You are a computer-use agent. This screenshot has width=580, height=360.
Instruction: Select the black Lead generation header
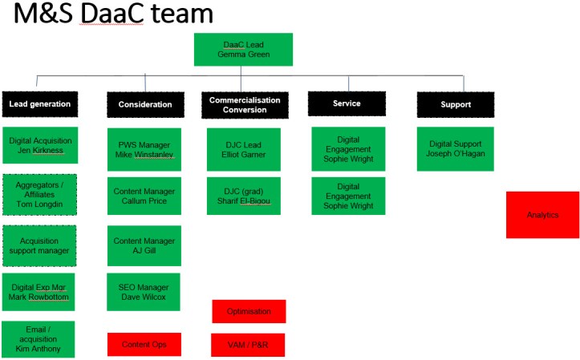[x=39, y=104]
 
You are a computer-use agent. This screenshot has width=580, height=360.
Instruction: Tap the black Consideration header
[x=145, y=104]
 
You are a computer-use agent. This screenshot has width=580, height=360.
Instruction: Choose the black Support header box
[x=454, y=104]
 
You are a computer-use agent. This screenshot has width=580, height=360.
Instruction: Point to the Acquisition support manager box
[x=39, y=245]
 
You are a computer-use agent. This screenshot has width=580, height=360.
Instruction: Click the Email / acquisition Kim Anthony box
[x=39, y=339]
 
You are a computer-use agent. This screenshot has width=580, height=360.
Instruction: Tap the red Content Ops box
[x=144, y=344]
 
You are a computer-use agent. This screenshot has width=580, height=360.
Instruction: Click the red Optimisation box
[x=249, y=311]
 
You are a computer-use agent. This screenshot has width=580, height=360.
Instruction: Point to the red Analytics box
[x=542, y=215]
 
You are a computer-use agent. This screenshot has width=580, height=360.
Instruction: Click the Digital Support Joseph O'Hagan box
[x=455, y=148]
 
